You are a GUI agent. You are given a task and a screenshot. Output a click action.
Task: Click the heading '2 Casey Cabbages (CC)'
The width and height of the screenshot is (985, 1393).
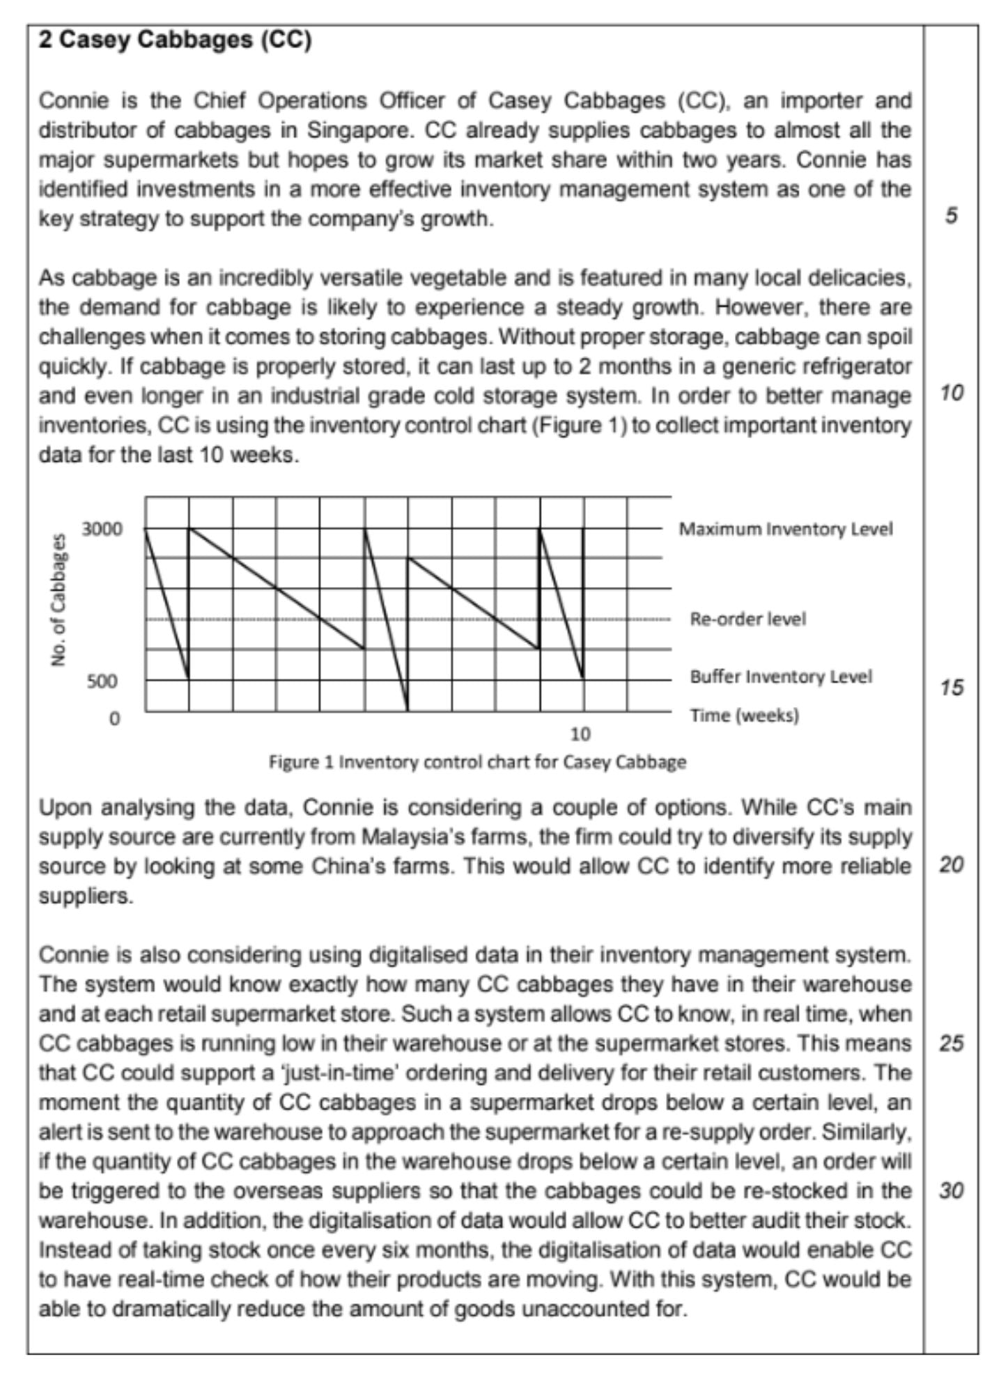pyautogui.click(x=175, y=40)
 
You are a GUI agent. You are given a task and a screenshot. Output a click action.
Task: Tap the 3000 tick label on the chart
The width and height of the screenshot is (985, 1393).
pyautogui.click(x=102, y=529)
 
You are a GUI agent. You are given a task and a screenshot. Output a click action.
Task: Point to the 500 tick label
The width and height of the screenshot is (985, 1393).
pyautogui.click(x=102, y=681)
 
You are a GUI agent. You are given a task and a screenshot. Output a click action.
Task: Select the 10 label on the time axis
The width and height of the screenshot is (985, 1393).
pyautogui.click(x=580, y=734)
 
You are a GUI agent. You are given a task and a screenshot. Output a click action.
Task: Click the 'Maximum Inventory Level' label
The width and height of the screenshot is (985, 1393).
pyautogui.click(x=786, y=529)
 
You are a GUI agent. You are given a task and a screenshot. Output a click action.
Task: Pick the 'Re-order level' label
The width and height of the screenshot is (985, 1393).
pyautogui.click(x=747, y=619)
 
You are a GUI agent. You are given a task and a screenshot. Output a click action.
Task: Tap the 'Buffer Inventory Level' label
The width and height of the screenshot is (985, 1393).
pyautogui.click(x=781, y=677)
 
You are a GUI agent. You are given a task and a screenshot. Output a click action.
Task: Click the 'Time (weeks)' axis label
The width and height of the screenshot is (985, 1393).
pyautogui.click(x=744, y=715)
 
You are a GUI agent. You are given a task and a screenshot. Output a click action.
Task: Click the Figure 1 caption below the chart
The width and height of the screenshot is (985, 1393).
pyautogui.click(x=477, y=762)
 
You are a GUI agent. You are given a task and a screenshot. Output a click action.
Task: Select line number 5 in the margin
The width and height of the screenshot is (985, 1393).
pyautogui.click(x=952, y=216)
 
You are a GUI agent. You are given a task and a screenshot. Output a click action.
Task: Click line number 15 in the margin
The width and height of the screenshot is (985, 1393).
pyautogui.click(x=952, y=687)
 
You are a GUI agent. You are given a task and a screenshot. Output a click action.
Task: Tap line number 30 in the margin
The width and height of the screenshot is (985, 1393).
pyautogui.click(x=952, y=1191)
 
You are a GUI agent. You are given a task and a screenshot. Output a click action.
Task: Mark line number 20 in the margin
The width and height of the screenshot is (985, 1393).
pyautogui.click(x=952, y=865)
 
